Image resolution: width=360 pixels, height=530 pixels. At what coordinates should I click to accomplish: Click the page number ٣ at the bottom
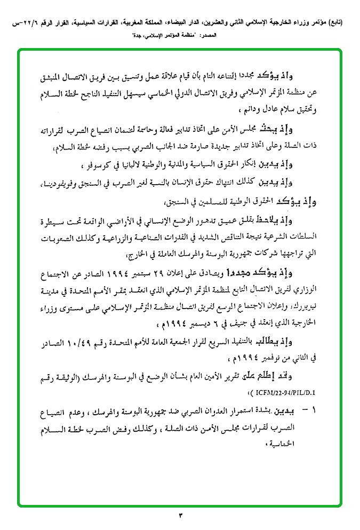pos(180,515)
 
